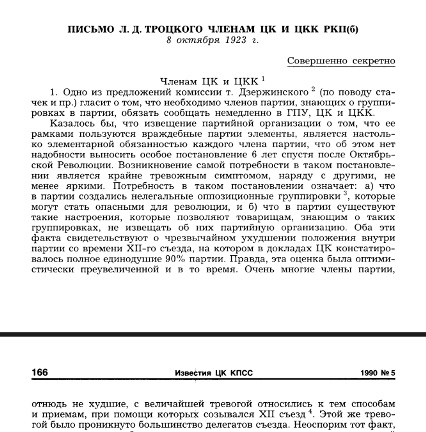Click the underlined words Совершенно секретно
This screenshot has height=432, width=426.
point(341,61)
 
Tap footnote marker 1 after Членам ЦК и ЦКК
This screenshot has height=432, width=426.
point(263,79)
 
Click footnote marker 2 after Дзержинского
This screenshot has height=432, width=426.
point(313,89)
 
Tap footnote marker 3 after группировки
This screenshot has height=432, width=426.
point(345,193)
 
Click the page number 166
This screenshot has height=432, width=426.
point(40,373)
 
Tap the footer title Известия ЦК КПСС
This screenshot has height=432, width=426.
point(214,373)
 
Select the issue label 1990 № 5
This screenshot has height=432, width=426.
point(377,373)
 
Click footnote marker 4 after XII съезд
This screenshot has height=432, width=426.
point(310,411)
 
